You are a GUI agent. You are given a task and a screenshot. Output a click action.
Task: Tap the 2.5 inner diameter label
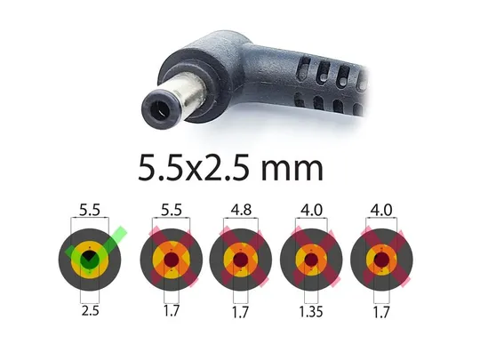91,311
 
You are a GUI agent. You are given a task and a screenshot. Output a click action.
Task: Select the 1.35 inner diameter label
311,311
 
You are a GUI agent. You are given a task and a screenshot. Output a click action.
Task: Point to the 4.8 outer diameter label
241,210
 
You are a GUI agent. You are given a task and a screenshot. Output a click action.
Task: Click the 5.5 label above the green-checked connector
90,210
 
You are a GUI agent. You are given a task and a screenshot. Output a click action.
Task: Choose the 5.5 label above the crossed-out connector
172,210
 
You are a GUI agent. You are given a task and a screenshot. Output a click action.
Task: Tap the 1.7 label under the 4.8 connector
240,312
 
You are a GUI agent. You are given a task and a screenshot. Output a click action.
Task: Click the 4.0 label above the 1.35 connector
311,210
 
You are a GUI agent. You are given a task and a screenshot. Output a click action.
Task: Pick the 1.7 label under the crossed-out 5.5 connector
172,311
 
